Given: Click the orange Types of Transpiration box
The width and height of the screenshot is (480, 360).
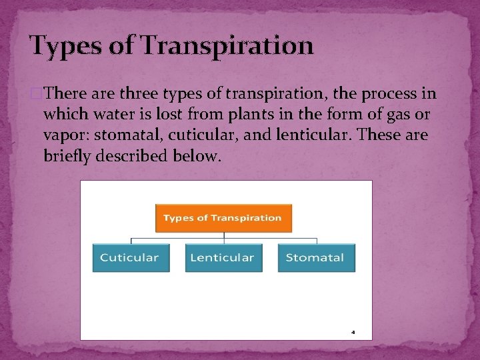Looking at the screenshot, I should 223,218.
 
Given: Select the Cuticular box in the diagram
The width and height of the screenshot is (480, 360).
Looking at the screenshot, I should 131,257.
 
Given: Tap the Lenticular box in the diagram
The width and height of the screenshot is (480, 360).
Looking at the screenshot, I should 223,257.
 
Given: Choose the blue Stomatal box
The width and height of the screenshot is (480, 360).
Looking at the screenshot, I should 316,257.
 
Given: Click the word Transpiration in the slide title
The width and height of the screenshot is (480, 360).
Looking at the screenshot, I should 227,46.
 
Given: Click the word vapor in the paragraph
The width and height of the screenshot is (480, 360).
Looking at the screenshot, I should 65,135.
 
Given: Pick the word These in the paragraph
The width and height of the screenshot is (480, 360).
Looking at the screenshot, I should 377,135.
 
